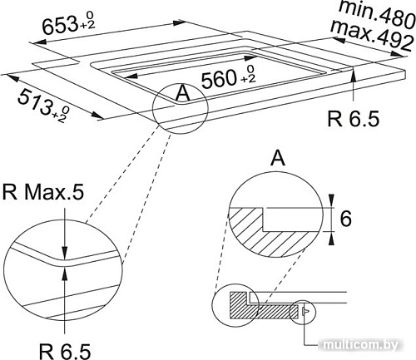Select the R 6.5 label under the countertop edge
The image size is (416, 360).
tap(353, 119)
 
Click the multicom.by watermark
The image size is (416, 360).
tap(371, 345)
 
